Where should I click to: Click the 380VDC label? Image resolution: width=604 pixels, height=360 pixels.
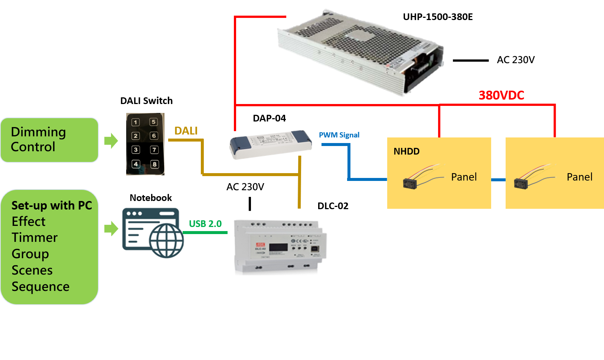(501, 95)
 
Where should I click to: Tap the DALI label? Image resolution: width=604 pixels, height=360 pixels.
(186, 131)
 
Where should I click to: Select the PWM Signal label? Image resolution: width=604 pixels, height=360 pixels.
(339, 135)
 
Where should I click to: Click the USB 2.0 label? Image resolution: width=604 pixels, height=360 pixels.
(205, 224)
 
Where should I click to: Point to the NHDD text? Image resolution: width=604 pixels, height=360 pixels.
(407, 151)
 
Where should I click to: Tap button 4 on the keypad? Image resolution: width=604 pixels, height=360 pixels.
(136, 164)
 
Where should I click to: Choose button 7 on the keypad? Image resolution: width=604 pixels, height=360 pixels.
(154, 150)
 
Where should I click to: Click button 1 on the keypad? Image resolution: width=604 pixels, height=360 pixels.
(136, 122)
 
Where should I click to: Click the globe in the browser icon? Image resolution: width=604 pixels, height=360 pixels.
(167, 240)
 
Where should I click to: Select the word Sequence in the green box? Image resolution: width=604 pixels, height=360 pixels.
(40, 286)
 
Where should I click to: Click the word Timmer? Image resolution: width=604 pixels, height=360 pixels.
(35, 237)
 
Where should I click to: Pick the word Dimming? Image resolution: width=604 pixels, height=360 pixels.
(38, 132)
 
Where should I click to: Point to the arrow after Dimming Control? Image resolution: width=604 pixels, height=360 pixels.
(111, 140)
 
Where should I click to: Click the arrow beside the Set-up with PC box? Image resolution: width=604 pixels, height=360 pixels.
(111, 228)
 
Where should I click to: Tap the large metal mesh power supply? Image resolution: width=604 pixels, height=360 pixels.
(360, 52)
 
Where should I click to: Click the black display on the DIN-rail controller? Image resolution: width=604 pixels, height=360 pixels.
(278, 247)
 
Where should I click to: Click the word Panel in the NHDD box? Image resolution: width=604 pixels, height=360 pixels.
(464, 177)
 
